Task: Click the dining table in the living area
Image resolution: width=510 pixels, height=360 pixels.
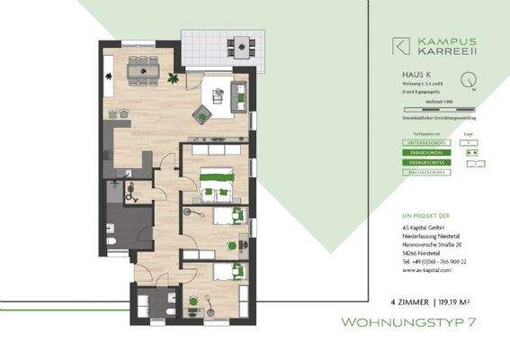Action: pyautogui.click(x=143, y=66)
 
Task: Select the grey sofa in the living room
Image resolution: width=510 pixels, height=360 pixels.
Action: pyautogui.click(x=241, y=94)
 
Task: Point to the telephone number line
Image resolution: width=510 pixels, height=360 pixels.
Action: pyautogui.click(x=434, y=261)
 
